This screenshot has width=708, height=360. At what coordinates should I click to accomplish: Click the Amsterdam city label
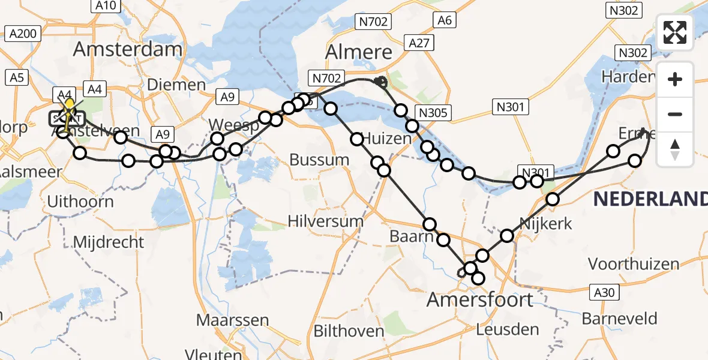tap(128, 50)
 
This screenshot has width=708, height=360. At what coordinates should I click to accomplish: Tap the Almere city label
tap(358, 52)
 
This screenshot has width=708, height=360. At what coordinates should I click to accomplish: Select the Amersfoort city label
tap(480, 299)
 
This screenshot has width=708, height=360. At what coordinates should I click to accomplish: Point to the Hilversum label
tap(326, 221)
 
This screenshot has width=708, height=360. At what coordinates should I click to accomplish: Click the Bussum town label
tap(319, 160)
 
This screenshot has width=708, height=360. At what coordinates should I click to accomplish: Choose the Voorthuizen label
tap(634, 264)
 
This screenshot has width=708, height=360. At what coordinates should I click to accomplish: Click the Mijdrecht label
tap(109, 242)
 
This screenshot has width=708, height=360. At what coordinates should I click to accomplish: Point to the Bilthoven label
tap(349, 331)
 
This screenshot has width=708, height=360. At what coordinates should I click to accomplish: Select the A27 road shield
tap(418, 43)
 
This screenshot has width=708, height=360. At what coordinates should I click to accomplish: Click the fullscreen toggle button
tap(675, 32)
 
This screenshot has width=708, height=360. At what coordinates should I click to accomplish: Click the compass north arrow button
tap(675, 148)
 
